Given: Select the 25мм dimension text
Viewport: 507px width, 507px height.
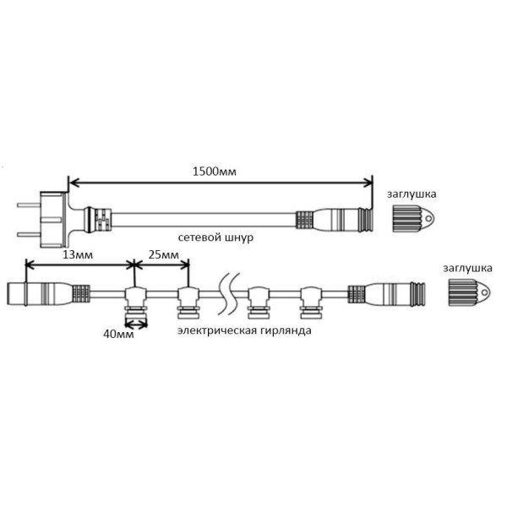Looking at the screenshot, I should (163, 254).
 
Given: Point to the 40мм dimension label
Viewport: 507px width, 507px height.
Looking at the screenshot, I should (118, 334).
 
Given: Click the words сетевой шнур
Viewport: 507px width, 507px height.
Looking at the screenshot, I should (215, 238).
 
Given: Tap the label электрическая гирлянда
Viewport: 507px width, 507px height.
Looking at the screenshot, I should (243, 330).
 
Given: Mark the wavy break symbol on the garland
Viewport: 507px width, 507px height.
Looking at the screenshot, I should (225, 293).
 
